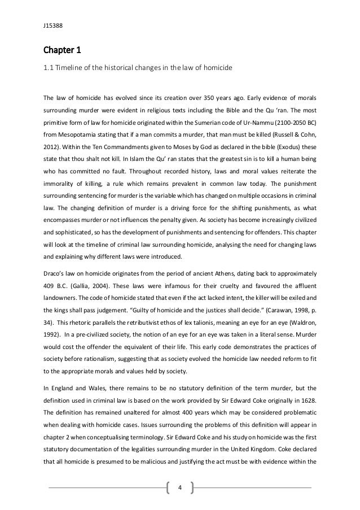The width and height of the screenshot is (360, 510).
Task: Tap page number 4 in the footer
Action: (x=180, y=487)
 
